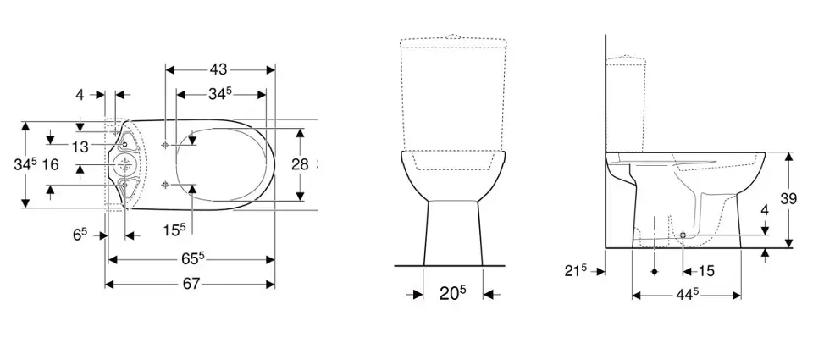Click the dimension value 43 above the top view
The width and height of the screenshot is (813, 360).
pyautogui.click(x=219, y=68)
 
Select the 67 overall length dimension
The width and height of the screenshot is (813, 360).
pyautogui.click(x=191, y=284)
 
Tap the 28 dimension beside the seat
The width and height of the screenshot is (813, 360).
pyautogui.click(x=300, y=164)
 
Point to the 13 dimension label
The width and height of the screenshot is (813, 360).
pyautogui.click(x=80, y=147)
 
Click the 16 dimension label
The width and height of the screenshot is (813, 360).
pyautogui.click(x=50, y=164)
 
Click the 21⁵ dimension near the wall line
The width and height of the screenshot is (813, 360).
pyautogui.click(x=576, y=271)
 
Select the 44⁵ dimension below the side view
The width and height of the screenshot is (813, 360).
pyautogui.click(x=688, y=295)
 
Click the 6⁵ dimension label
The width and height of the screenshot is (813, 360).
pyautogui.click(x=80, y=235)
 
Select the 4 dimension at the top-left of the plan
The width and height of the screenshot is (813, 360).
pyautogui.click(x=80, y=95)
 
